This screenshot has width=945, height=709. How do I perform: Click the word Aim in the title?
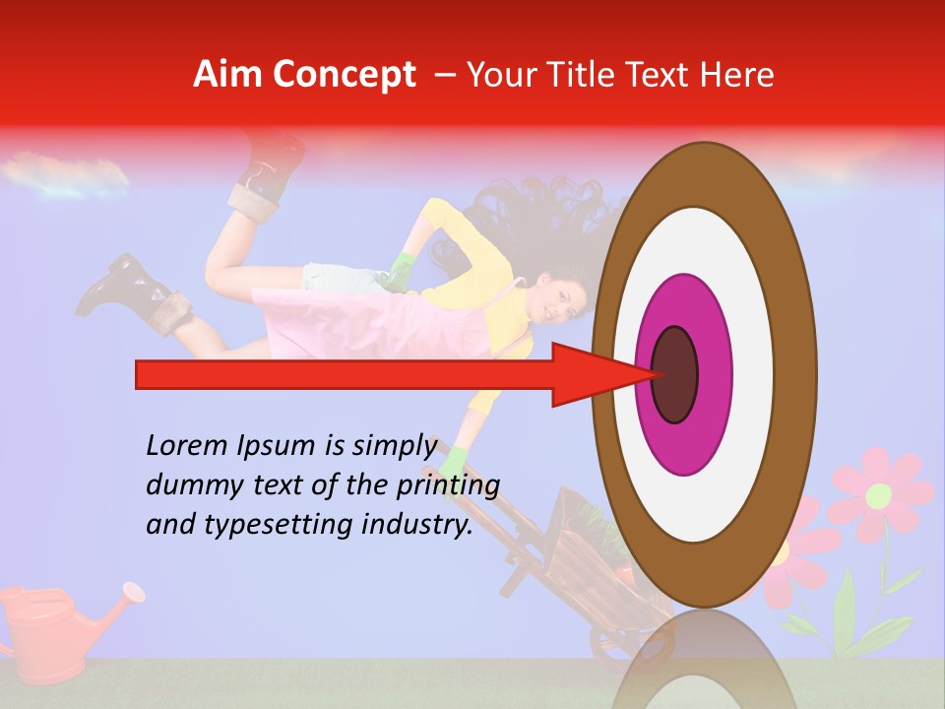pos(228,75)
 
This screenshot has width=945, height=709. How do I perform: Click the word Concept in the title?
pos(344,75)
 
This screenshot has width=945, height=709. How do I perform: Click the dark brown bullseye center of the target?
pos(674,375)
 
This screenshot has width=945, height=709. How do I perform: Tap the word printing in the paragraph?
pos(451,485)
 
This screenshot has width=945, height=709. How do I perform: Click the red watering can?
pos(39,630)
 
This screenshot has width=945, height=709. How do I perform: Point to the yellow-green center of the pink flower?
pos(878,495)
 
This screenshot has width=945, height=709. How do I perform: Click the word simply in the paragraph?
pos(395,446)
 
